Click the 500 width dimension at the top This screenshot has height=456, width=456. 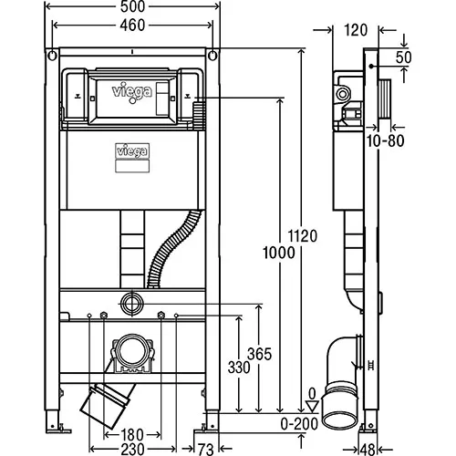[x=132, y=6]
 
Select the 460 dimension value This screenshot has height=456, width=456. [x=132, y=26]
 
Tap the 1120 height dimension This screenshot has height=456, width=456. [x=303, y=236]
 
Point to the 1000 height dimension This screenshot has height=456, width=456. [x=279, y=253]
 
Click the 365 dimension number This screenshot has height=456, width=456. [x=259, y=354]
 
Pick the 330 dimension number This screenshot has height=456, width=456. [x=239, y=368]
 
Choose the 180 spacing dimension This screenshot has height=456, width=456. [x=132, y=435]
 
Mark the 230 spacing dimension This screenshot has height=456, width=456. [x=132, y=449]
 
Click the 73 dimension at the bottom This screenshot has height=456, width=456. [x=206, y=450]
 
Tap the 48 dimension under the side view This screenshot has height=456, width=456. [x=368, y=450]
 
